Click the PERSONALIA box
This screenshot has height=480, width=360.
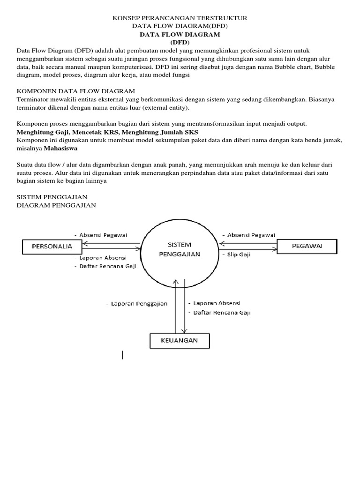52,246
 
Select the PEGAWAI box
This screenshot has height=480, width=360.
307,246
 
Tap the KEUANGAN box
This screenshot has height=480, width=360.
180,341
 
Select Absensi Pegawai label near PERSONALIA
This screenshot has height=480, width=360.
104,234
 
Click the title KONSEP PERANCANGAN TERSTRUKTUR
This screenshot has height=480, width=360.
180,18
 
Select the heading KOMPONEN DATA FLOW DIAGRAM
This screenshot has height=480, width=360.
76,90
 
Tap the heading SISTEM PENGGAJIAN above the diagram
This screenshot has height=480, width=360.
52,197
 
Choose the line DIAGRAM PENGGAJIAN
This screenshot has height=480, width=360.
56,205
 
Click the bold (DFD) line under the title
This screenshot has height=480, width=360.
180,43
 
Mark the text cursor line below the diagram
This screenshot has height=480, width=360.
123,355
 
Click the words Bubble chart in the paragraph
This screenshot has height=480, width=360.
293,67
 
